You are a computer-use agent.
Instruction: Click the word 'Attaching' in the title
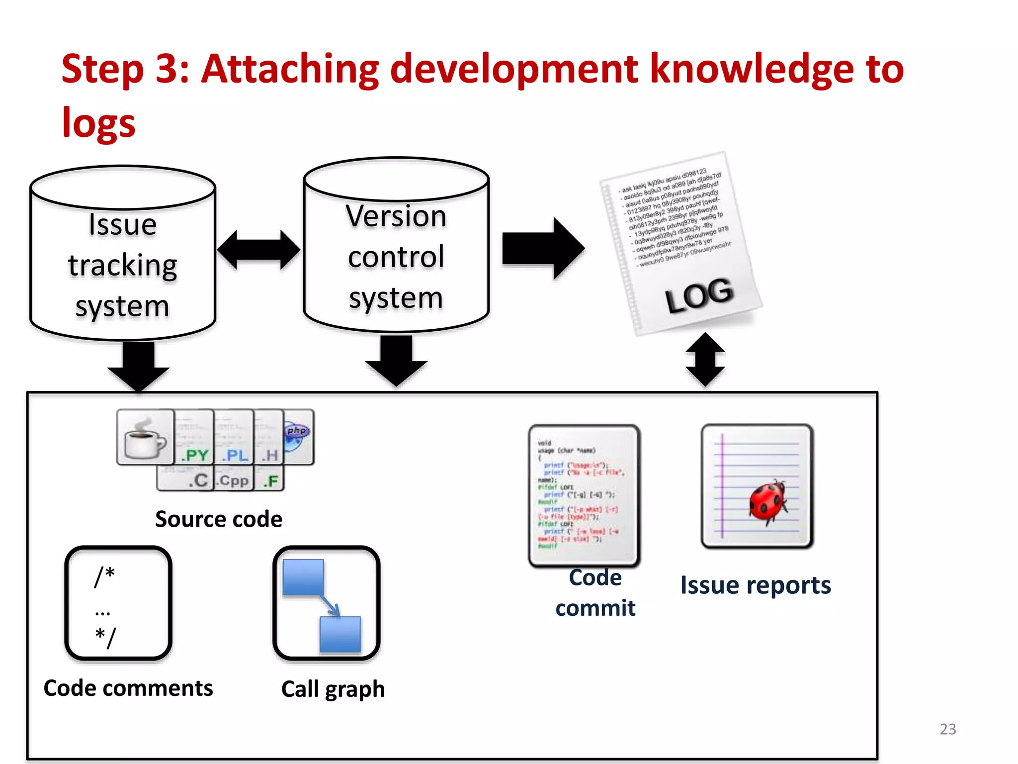[x=290, y=70]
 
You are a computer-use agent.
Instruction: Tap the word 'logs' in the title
[x=98, y=123]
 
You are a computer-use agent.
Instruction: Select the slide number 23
[x=947, y=729]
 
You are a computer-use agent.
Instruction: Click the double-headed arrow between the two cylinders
[x=258, y=249]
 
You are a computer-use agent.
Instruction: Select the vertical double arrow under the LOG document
[x=705, y=360]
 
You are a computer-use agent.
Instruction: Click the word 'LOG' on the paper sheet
[x=699, y=295]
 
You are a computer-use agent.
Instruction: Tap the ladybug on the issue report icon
[x=767, y=501]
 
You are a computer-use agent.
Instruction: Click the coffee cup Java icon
[x=145, y=437]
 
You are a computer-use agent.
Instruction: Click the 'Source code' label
[x=219, y=519]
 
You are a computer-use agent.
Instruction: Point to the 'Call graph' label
[x=333, y=689]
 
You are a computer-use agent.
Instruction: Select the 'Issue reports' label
[x=755, y=585]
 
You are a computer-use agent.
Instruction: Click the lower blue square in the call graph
[x=340, y=634]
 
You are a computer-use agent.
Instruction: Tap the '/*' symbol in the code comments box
[x=105, y=576]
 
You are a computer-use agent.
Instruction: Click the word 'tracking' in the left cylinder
[x=123, y=266]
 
